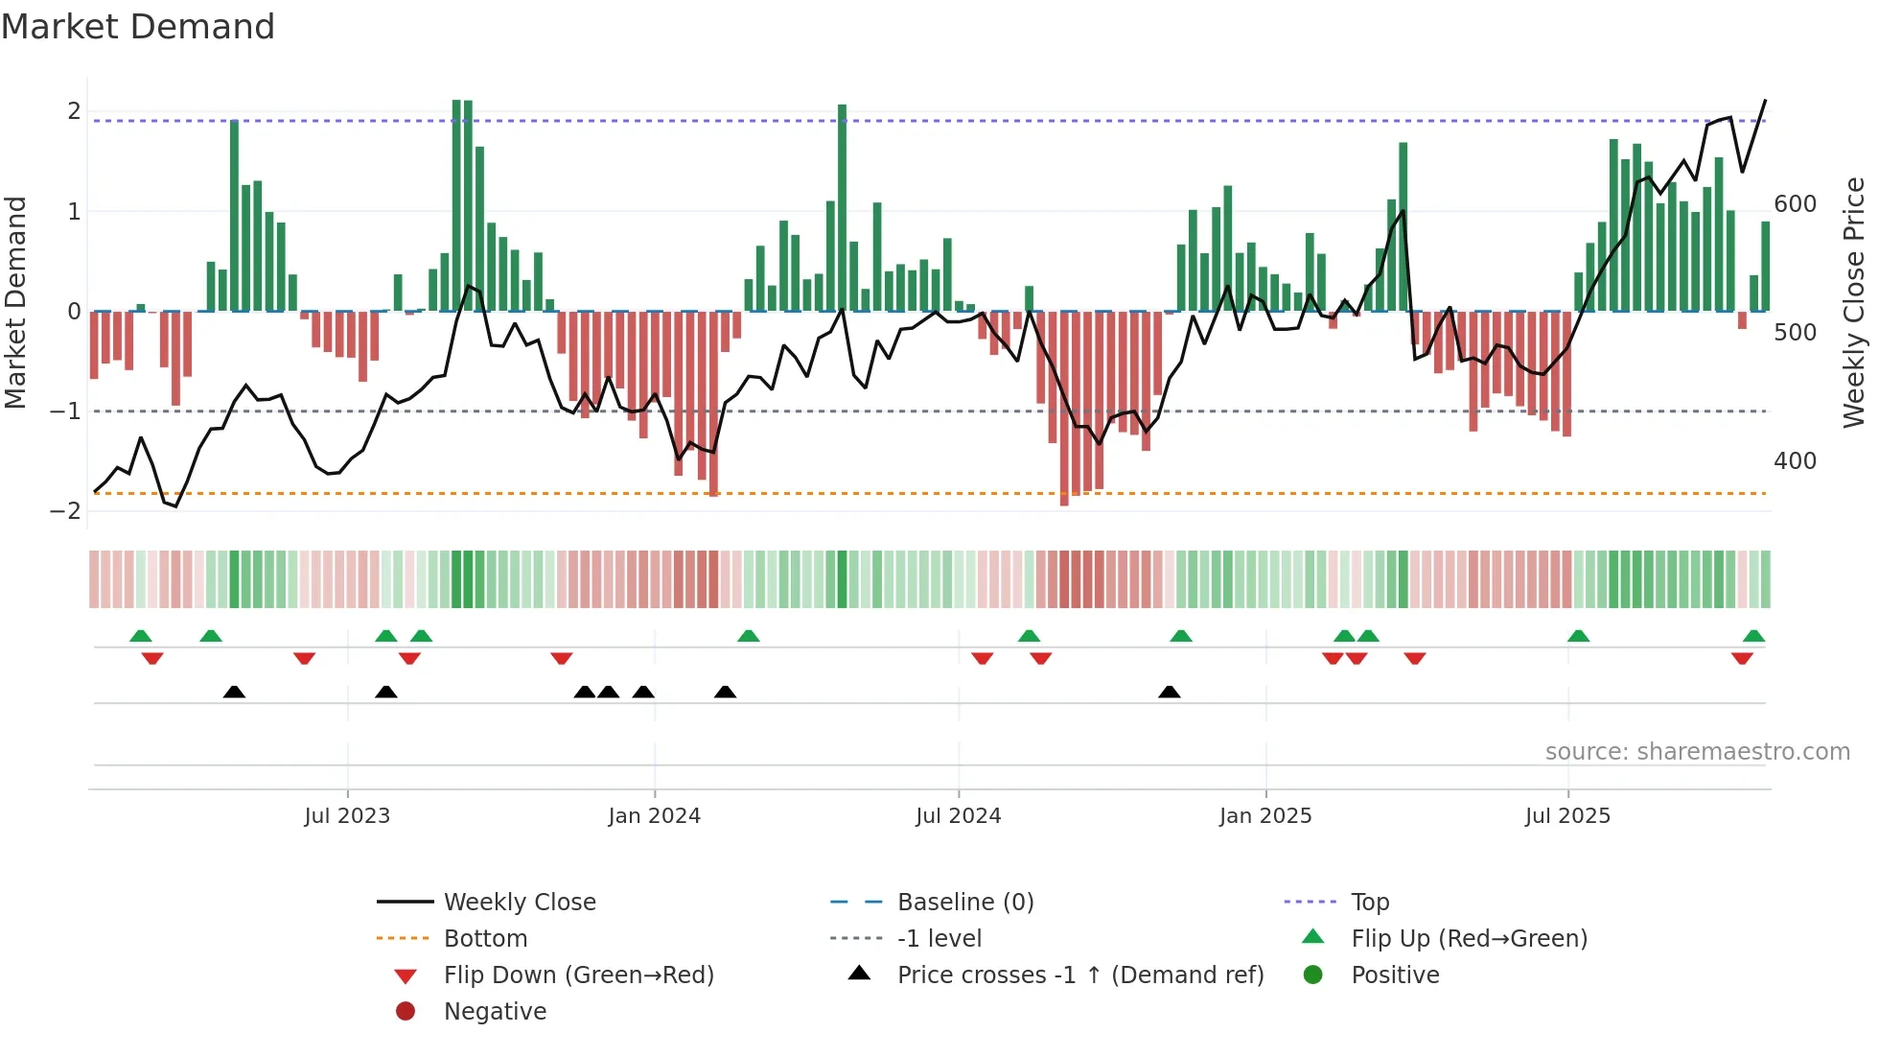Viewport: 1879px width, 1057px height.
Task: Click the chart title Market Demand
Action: [138, 27]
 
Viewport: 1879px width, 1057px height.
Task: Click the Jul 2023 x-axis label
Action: [347, 816]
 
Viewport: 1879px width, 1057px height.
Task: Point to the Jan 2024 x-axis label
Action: [654, 816]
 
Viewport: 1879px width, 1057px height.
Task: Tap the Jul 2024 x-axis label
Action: [958, 816]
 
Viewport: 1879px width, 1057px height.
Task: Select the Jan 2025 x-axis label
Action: [1265, 816]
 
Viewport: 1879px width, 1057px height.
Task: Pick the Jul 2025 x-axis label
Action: [1567, 816]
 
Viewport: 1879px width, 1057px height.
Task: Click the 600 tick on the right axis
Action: [1795, 204]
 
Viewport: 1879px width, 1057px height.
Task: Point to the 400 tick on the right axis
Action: [1795, 461]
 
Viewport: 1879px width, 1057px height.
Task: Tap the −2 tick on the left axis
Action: [65, 511]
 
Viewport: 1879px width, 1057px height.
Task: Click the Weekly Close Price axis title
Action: [1854, 302]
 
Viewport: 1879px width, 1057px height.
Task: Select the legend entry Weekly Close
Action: [519, 903]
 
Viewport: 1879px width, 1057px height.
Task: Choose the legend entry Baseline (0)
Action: [964, 903]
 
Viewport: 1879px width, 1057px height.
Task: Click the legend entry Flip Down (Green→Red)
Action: [578, 975]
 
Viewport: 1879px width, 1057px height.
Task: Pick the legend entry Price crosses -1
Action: [1079, 975]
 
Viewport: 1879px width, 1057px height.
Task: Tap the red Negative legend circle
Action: [406, 1012]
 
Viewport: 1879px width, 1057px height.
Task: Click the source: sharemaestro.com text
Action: [1697, 752]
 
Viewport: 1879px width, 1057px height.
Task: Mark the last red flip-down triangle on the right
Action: [1742, 658]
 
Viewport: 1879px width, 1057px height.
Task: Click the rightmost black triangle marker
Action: [1169, 692]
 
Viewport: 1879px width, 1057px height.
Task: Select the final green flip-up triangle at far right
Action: [1753, 636]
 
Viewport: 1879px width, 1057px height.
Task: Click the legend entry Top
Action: [1369, 903]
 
